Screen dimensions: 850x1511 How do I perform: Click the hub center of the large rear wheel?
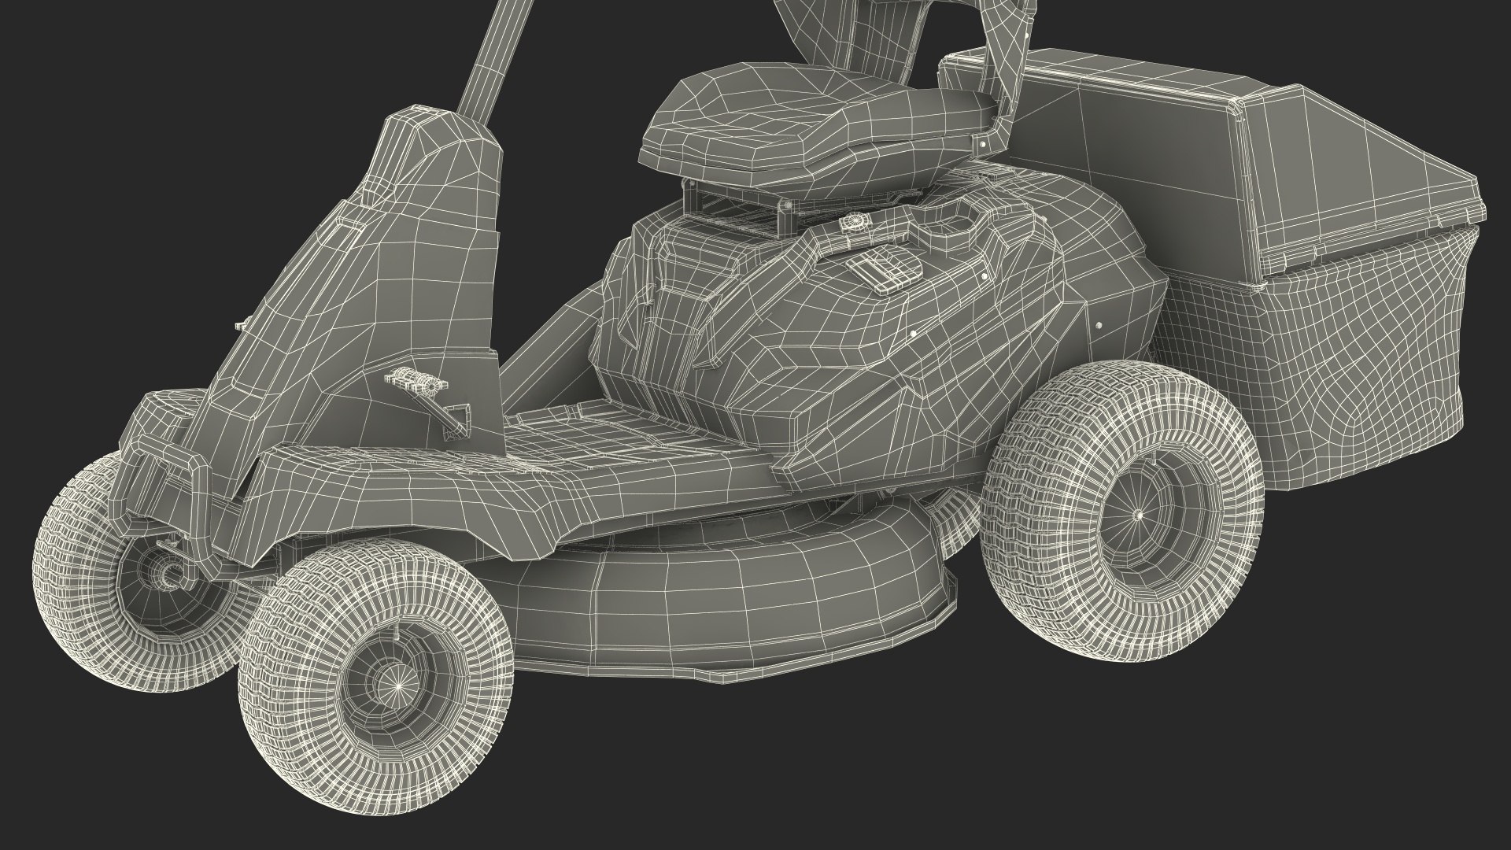[x=1140, y=514]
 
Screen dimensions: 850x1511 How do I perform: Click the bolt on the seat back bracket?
[x=982, y=146]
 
